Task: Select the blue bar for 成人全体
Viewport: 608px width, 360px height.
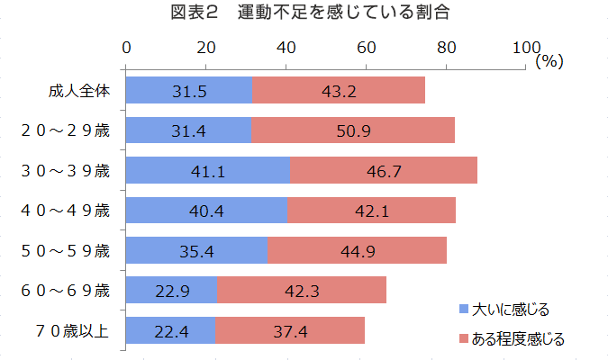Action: pos(188,90)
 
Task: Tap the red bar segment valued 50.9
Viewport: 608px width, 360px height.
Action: pos(353,130)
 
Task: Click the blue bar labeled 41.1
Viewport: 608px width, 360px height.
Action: pos(207,170)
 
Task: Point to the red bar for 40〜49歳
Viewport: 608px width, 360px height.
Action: pos(371,211)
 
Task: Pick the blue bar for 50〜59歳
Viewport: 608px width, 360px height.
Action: pos(196,250)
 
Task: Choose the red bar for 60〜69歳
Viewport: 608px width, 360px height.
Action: pos(302,290)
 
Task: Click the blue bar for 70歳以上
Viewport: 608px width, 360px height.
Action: pos(170,330)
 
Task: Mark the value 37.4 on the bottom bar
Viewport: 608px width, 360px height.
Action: pos(290,331)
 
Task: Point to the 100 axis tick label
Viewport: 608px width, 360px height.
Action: pos(525,48)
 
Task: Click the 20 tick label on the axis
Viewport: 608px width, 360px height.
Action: pos(205,48)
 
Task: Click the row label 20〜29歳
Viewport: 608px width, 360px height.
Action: pos(65,130)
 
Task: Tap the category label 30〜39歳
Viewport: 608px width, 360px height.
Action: pos(65,170)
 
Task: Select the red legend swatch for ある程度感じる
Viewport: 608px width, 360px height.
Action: pos(463,338)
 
